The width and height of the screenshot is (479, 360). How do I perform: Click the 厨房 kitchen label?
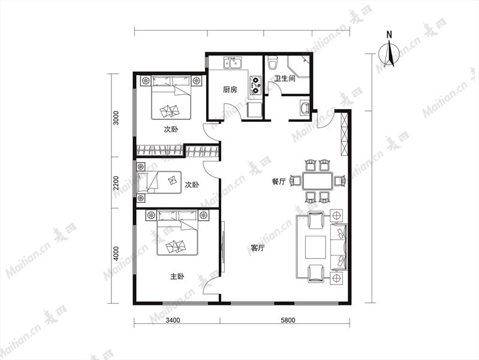[x=230, y=89]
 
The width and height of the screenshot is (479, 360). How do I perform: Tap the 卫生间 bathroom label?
[x=285, y=79]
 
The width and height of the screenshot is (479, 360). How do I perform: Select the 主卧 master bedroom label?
[x=177, y=277]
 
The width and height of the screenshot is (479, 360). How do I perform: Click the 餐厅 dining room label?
[x=279, y=182]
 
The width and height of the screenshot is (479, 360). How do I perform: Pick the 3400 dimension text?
[x=173, y=320]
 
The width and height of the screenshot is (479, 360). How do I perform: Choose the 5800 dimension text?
[x=288, y=320]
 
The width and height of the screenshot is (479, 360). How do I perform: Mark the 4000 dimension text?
[x=116, y=254]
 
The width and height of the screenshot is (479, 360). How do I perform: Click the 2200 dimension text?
[x=116, y=183]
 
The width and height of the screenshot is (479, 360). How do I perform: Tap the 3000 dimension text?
[x=116, y=118]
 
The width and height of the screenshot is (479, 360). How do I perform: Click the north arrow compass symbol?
[x=389, y=53]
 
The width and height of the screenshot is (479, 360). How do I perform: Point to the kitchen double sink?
[x=233, y=63]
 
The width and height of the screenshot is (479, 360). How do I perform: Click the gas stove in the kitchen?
[x=256, y=85]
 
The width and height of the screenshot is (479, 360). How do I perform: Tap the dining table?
[x=318, y=181]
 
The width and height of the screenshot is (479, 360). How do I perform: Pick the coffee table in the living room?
[x=315, y=247]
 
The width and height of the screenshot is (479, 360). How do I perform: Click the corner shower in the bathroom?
[x=299, y=67]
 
